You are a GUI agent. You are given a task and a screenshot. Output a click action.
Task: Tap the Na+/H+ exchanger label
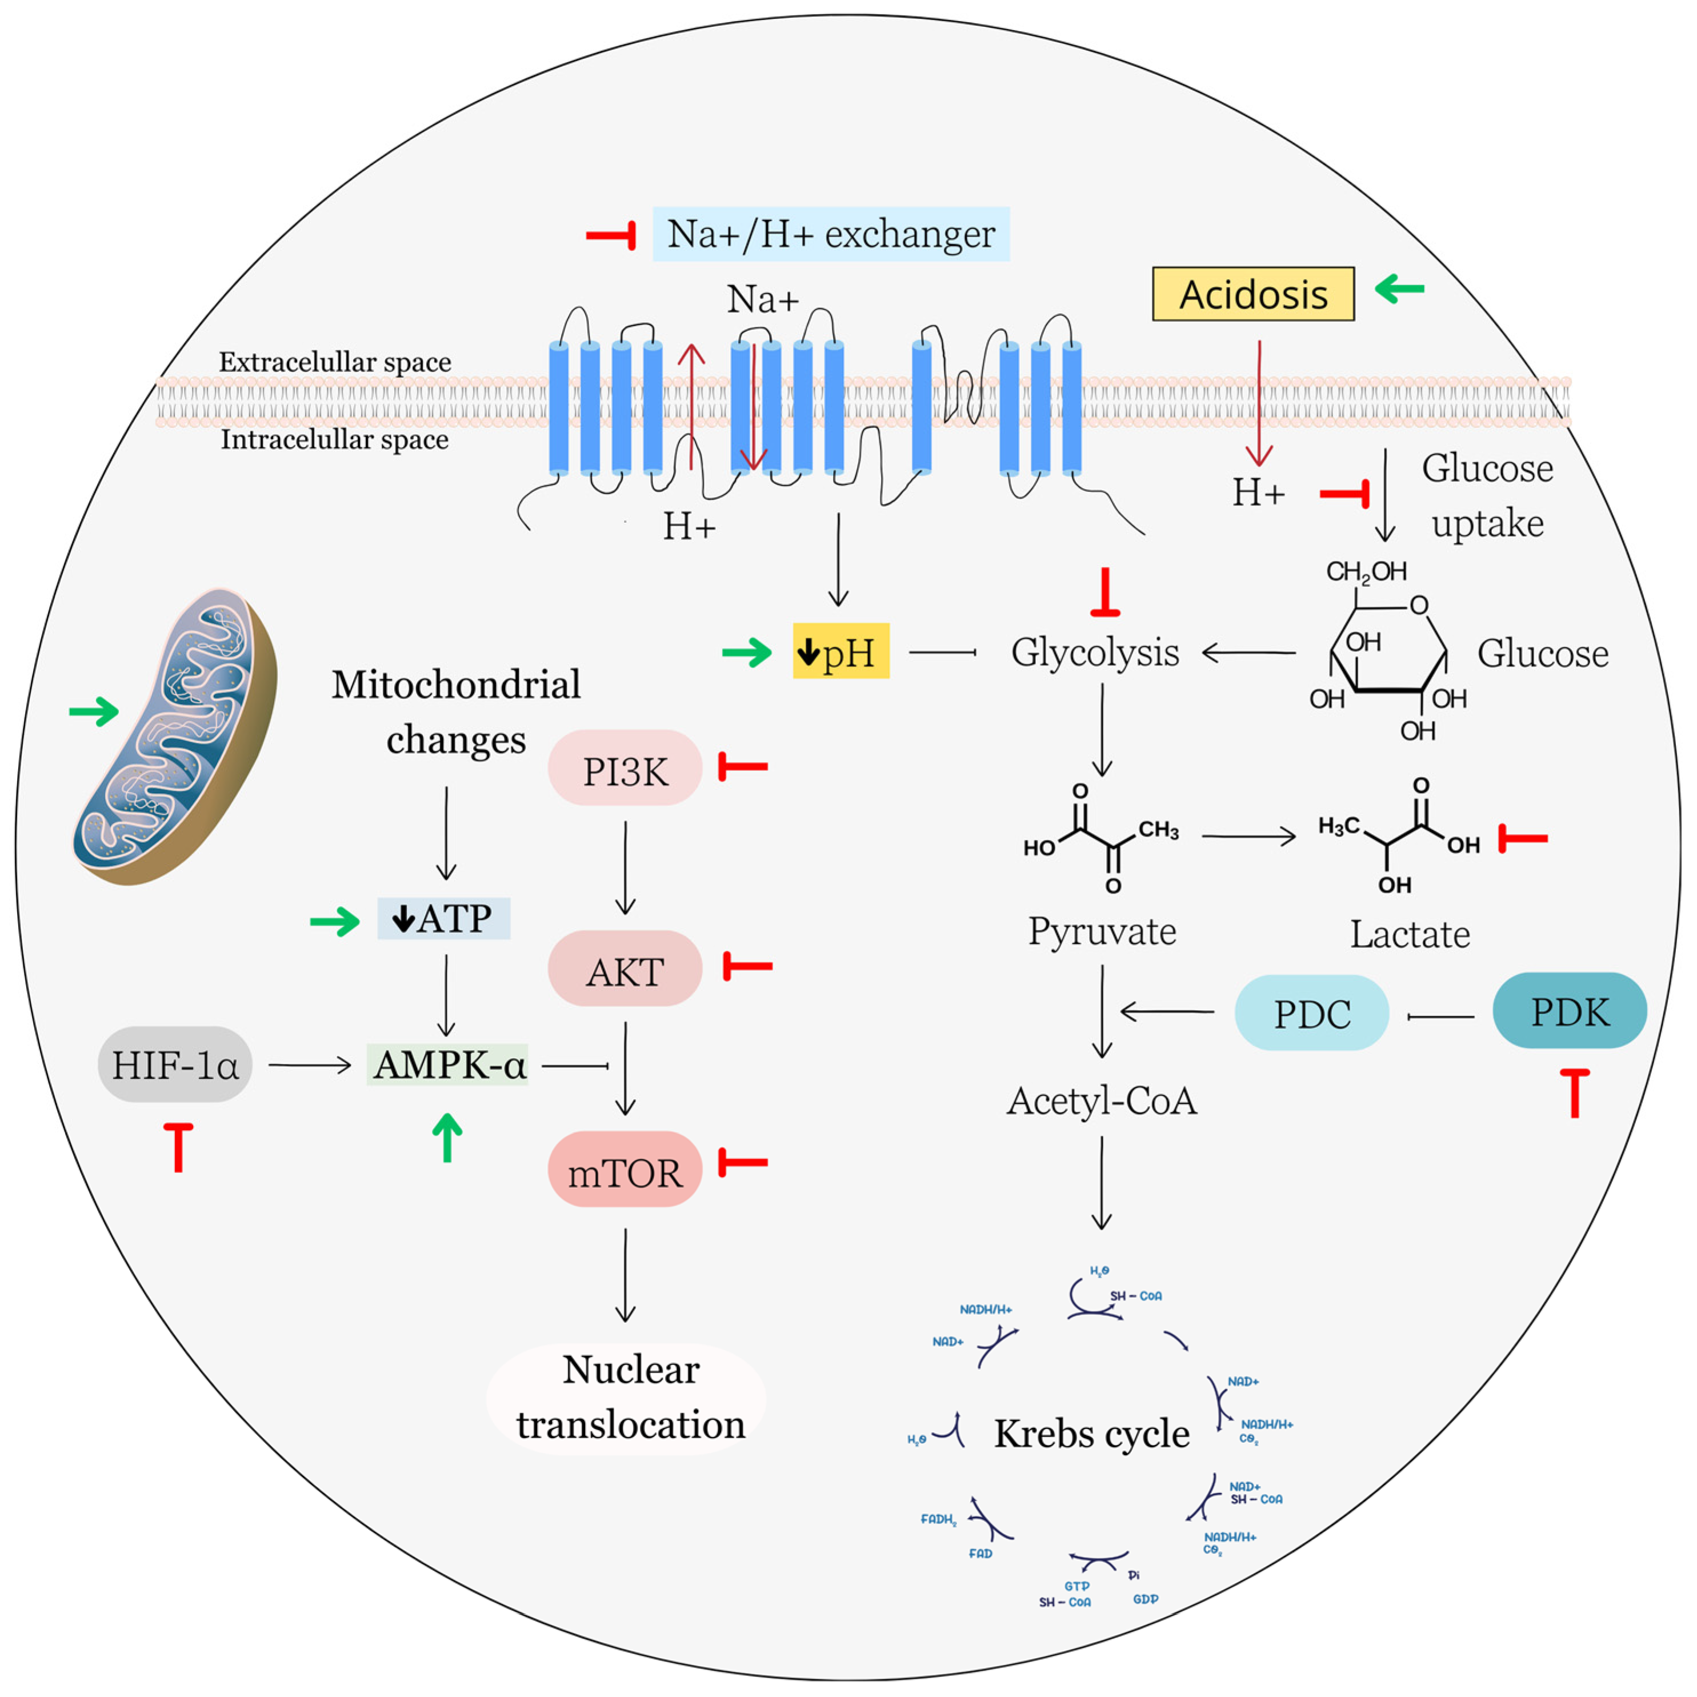click(x=830, y=234)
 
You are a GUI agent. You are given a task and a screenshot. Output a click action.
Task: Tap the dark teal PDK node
click(x=1569, y=1010)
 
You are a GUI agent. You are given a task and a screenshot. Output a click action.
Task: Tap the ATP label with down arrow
click(x=443, y=919)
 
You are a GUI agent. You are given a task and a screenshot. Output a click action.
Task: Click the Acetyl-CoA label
click(x=1102, y=1100)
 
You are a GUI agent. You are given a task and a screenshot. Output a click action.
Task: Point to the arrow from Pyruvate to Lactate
click(x=1248, y=836)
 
